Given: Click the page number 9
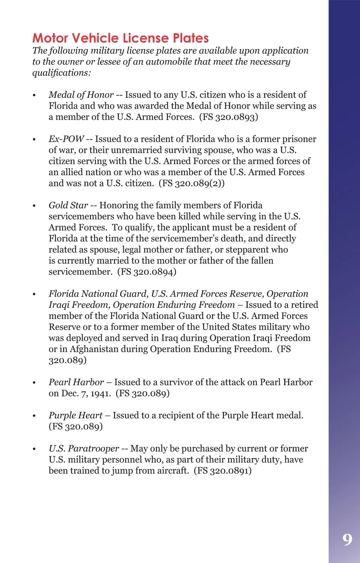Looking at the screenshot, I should [347, 539].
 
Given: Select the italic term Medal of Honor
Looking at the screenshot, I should [81, 95].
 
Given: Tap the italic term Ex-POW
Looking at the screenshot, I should [66, 139].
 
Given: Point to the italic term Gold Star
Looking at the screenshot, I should [68, 206].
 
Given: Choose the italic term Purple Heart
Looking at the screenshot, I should [75, 416].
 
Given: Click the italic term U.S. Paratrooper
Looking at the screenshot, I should [84, 449].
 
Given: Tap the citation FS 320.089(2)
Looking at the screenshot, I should [192, 183].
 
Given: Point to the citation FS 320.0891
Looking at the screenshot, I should [223, 471].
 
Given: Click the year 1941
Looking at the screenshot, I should [100, 393].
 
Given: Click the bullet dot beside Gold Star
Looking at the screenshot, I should [34, 206].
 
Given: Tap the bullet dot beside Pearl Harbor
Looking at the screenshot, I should [34, 383].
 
